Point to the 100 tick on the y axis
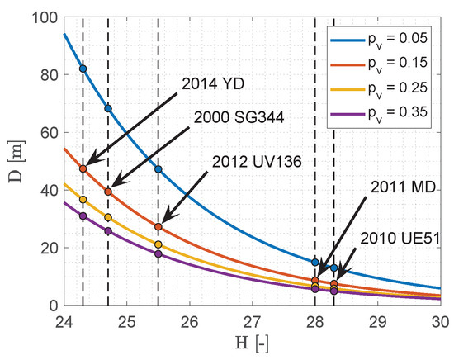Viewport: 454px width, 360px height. coord(45,17)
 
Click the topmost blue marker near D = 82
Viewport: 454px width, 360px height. coord(83,69)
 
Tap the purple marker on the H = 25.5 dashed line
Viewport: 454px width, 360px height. coord(158,253)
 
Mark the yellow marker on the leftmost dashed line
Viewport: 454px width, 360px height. coord(83,200)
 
